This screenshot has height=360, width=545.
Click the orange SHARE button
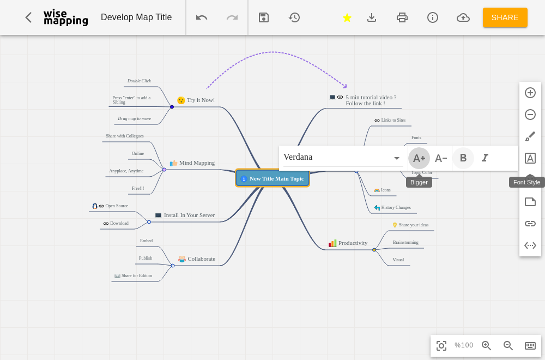(505, 17)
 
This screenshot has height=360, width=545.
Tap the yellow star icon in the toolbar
(347, 17)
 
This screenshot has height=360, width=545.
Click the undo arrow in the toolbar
(202, 17)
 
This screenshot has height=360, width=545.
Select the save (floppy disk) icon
(264, 17)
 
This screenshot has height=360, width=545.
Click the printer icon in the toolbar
(402, 17)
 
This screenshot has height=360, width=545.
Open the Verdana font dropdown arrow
(397, 158)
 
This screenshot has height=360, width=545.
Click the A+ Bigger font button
(419, 158)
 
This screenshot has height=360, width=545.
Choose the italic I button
(485, 158)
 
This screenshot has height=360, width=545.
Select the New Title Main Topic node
(272, 178)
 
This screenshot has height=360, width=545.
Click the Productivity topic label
(353, 243)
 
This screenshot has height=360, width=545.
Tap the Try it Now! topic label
(201, 100)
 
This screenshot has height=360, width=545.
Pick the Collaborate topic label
(202, 259)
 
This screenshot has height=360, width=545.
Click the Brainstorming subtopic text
(405, 242)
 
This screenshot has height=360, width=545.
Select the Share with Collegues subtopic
(125, 136)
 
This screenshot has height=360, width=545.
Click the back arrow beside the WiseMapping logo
(28, 17)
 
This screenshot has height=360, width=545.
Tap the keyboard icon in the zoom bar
(530, 345)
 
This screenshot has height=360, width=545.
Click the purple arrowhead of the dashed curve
(344, 86)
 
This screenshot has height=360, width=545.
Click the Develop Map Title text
(136, 17)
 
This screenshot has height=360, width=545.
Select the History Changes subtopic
(396, 208)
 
